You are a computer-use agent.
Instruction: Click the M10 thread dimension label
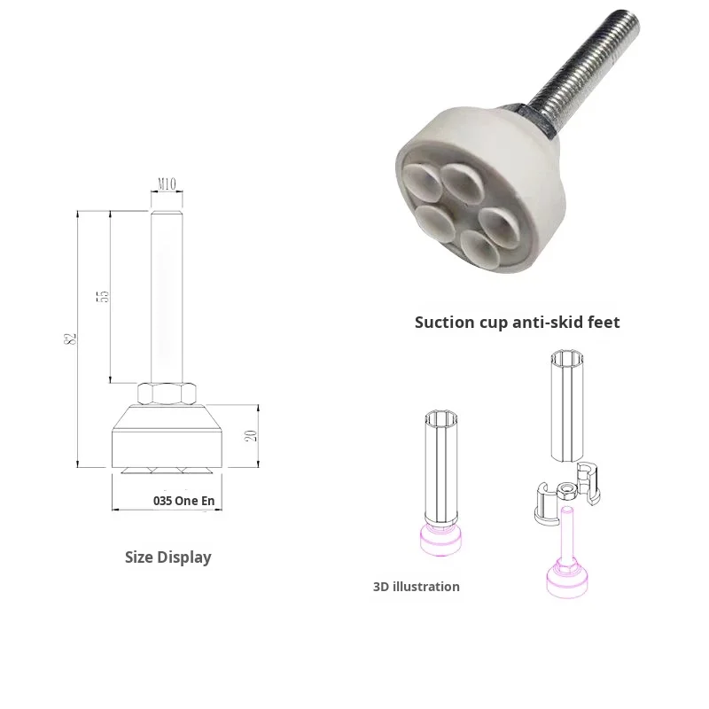click(167, 184)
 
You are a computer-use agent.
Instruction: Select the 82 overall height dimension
click(71, 338)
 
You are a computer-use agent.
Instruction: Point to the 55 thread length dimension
click(103, 296)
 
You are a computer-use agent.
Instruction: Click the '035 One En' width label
click(183, 501)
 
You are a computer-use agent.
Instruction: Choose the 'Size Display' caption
click(168, 557)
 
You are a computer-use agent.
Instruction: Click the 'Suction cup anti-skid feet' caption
click(517, 323)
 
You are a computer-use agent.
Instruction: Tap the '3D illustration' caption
click(416, 587)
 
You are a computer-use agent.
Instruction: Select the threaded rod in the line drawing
click(167, 292)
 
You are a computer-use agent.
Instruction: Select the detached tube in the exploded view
click(566, 406)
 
